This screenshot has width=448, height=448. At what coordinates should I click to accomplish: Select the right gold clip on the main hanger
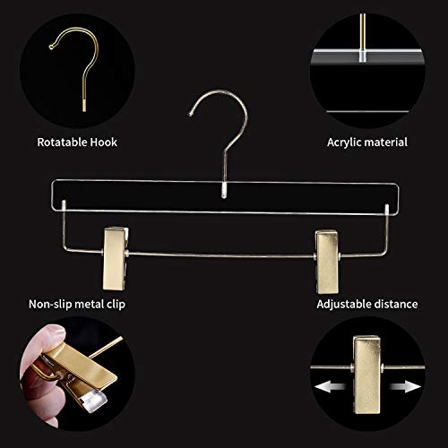(x=327, y=247)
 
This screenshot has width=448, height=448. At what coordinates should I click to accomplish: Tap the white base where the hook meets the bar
(x=224, y=189)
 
